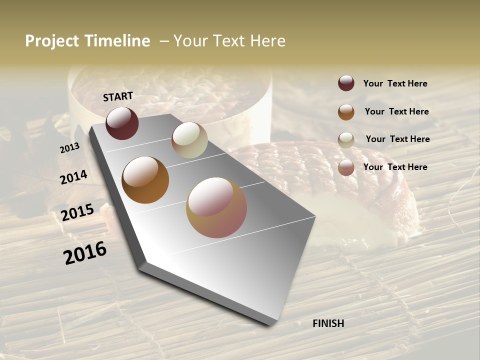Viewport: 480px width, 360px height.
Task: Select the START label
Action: pos(118,96)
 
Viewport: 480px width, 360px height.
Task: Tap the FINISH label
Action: pos(328,323)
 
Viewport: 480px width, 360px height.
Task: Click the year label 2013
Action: pos(69,148)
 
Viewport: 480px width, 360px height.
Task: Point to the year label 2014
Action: pos(74,177)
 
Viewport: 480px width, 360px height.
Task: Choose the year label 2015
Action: pos(77,212)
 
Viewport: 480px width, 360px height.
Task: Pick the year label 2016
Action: pos(85,253)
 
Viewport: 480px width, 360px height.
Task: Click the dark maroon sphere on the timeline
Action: pos(122,123)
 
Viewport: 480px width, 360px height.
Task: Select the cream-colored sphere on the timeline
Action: pos(189,140)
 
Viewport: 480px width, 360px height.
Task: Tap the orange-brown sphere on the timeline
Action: pos(145,180)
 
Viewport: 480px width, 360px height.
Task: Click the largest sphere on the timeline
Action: pos(216,207)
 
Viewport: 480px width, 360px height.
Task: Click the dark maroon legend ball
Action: pos(346,83)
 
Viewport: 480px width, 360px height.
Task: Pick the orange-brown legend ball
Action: pos(346,112)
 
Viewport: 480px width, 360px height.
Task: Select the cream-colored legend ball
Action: pos(346,140)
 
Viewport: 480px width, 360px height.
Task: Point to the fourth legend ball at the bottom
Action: pos(346,167)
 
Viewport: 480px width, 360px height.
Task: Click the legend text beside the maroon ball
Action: pos(395,83)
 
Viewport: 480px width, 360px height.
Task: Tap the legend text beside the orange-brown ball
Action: pos(396,111)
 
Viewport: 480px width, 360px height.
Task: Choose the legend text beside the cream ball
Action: pos(397,139)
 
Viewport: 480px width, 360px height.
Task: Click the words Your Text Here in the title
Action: pos(229,41)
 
